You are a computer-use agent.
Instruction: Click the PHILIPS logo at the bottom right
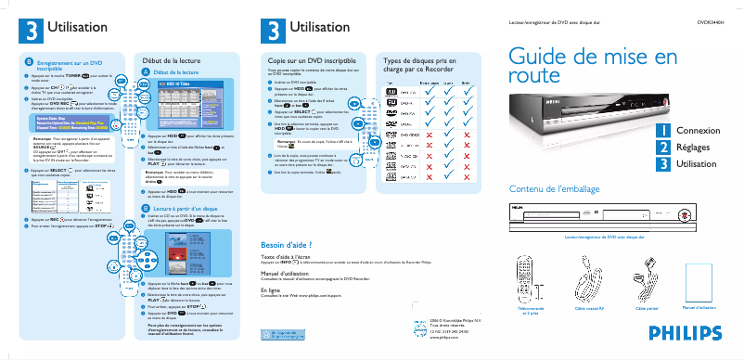[x=683, y=332]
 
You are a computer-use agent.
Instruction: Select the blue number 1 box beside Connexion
[x=662, y=131]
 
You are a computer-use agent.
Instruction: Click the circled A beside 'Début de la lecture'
[x=145, y=71]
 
